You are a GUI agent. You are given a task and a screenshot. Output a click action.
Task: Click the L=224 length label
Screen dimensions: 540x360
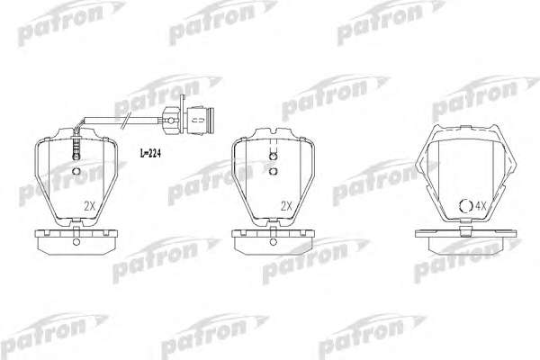pos(150,153)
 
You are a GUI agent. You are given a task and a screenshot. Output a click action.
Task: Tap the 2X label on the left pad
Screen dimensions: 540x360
pos(89,206)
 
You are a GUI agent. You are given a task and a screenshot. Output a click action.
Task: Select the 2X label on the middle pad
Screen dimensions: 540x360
pos(286,206)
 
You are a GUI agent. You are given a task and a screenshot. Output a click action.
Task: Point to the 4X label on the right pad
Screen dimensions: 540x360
pos(481,206)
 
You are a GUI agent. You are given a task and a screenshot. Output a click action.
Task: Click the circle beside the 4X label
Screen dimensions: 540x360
pos(466,206)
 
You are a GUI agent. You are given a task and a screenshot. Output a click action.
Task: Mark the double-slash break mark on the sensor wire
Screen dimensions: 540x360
pos(126,121)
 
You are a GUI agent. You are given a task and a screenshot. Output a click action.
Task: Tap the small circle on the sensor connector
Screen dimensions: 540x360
pos(170,121)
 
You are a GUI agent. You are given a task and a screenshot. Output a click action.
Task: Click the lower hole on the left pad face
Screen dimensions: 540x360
pos(76,171)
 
